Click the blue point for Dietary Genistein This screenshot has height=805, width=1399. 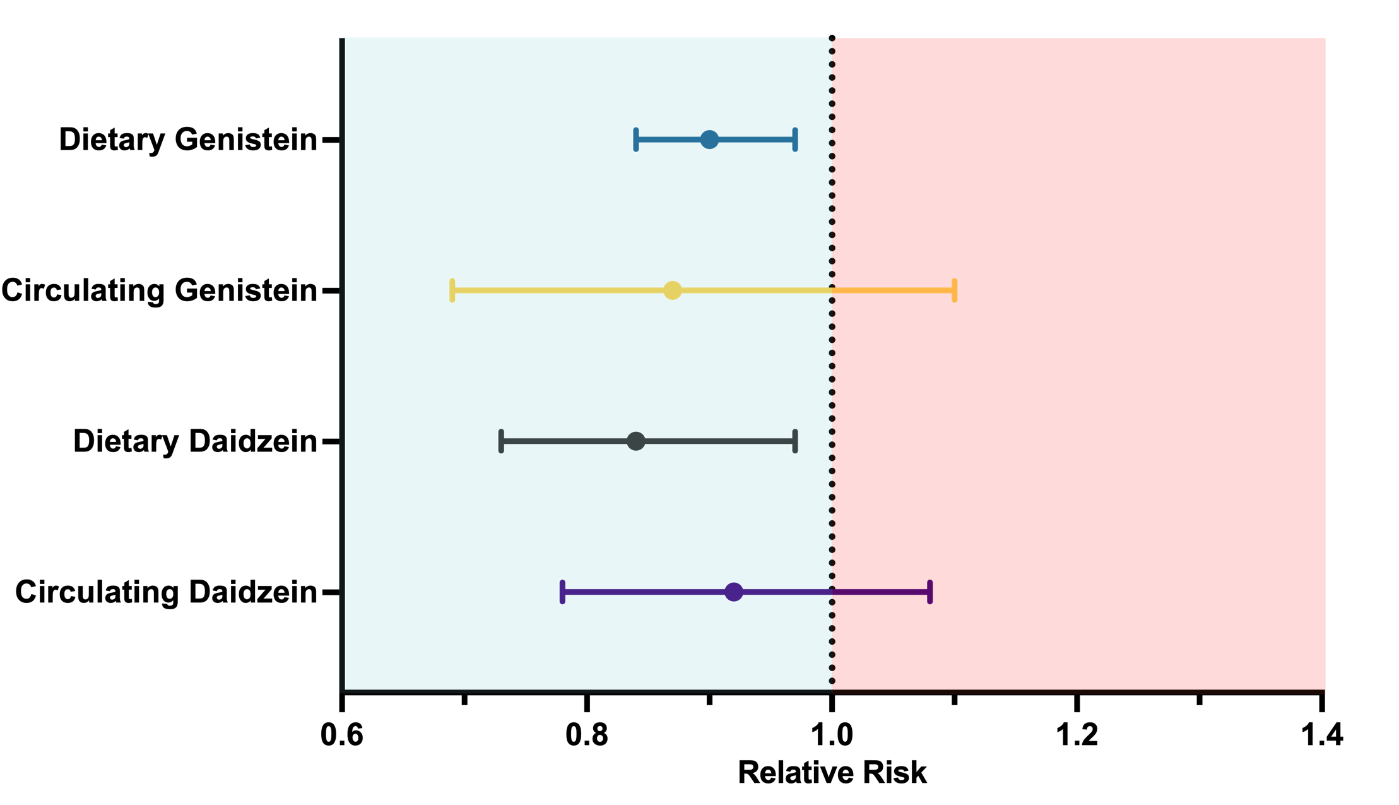click(709, 140)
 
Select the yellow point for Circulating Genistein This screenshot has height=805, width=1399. click(673, 290)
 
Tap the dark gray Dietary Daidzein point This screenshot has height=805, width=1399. click(636, 441)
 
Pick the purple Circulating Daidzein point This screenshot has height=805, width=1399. click(733, 592)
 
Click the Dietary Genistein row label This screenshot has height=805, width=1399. click(188, 140)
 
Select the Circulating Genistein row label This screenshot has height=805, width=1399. click(159, 290)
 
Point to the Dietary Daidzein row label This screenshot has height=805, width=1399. click(195, 441)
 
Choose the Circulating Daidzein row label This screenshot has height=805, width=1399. click(166, 592)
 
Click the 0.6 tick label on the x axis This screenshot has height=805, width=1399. click(342, 736)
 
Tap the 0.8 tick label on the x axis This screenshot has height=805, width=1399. click(587, 736)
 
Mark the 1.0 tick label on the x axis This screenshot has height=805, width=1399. click(832, 736)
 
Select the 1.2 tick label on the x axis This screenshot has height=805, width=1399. click(1077, 736)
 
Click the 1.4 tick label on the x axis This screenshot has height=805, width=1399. click(1322, 736)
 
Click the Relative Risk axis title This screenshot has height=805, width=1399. click(832, 772)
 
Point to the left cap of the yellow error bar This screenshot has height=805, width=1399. click(452, 290)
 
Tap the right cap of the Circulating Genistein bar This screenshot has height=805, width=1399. click(955, 290)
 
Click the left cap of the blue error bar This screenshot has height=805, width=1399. click(636, 140)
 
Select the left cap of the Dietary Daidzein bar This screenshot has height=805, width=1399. click(501, 441)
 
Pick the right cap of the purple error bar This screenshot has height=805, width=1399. click(930, 592)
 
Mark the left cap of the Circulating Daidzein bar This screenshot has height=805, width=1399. click(562, 592)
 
